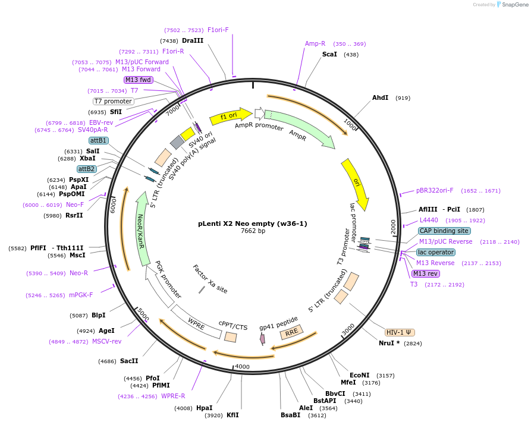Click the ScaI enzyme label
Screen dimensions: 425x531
point(329,54)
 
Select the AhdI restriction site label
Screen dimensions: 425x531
point(380,97)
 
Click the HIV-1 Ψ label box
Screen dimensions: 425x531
point(400,332)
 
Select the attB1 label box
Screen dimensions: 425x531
point(98,140)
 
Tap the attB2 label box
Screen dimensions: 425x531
point(87,169)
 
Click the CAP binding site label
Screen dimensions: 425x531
point(444,231)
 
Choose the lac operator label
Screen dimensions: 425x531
point(436,252)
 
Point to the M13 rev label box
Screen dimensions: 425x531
point(426,273)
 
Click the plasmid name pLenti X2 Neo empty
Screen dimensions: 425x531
point(253,224)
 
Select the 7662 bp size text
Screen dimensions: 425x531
point(253,231)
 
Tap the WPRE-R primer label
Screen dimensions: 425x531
point(173,396)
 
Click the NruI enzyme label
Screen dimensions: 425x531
point(389,343)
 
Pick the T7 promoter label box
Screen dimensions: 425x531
point(113,101)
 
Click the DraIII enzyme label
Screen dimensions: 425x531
point(193,40)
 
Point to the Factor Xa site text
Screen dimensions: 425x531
point(210,279)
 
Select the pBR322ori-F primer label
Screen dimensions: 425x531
point(435,190)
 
